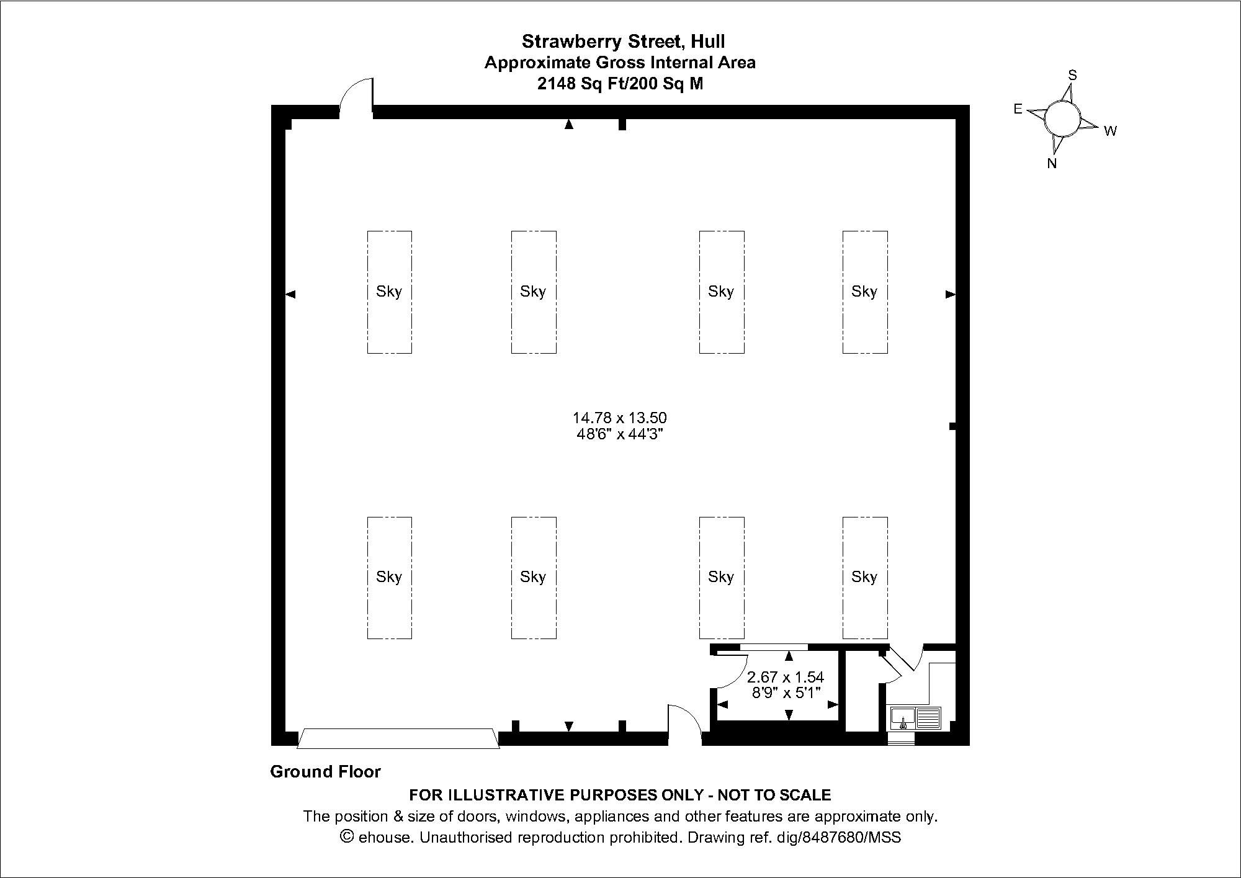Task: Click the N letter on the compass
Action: point(1052,164)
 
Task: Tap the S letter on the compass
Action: point(1072,75)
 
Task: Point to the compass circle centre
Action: point(1062,118)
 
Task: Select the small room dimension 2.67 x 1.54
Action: point(786,677)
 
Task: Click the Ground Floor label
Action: point(325,772)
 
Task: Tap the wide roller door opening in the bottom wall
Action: point(398,739)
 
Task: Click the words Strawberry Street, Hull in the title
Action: point(623,42)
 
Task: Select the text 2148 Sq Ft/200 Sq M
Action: point(620,84)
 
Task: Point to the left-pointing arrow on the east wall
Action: point(290,294)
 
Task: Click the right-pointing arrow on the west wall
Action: point(950,294)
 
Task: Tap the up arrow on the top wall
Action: point(568,125)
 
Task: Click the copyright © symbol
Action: point(348,837)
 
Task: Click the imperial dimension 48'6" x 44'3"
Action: point(620,434)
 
